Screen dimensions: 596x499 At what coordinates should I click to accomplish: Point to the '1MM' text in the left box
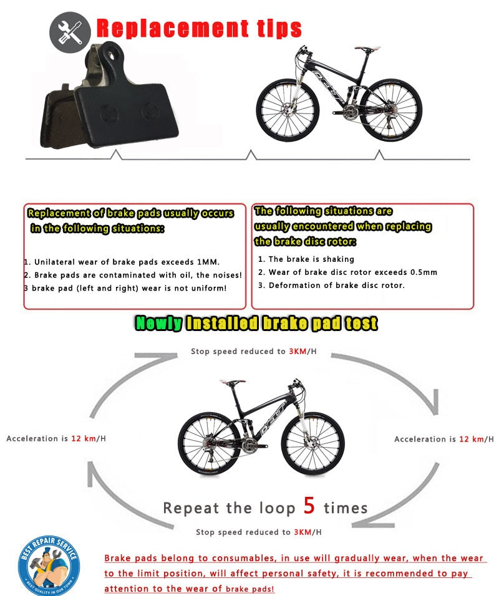[206, 262]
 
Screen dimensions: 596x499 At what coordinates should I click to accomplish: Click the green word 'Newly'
[159, 323]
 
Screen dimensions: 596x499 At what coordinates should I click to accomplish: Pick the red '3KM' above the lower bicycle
[297, 352]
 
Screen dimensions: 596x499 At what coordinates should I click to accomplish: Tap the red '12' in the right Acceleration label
[465, 440]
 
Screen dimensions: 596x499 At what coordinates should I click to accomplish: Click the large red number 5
[309, 506]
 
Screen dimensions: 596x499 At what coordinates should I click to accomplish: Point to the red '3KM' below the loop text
[301, 532]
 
